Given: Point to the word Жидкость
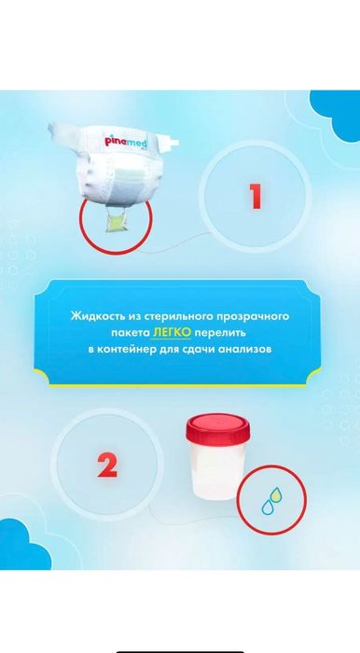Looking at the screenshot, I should click(x=96, y=317).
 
